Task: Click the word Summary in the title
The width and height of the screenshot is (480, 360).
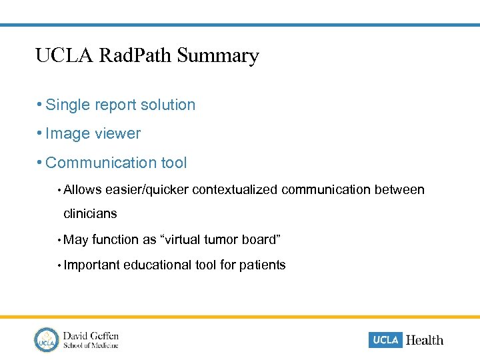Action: coord(218,56)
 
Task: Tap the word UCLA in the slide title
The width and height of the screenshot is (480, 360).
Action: coord(65,55)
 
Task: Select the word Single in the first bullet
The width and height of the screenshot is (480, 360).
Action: coord(68,105)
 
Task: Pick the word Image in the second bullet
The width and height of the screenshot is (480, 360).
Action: coord(69,134)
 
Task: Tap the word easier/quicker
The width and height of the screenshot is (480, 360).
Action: coord(147,191)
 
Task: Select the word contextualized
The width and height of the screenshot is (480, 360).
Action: coord(235,191)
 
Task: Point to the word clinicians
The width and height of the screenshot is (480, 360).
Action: coord(90,214)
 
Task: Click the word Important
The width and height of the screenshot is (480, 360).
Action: coord(92,265)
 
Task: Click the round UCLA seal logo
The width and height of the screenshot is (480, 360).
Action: coord(47,339)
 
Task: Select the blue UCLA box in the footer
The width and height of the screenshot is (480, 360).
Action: coord(385,340)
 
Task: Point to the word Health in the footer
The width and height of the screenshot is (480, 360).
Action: coord(424,340)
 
